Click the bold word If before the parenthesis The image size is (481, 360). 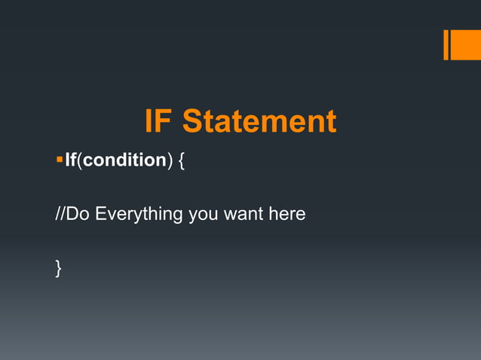pyautogui.click(x=71, y=161)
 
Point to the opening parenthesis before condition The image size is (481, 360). pyautogui.click(x=80, y=161)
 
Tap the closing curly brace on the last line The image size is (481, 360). pyautogui.click(x=59, y=267)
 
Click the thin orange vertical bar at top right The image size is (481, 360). pyautogui.click(x=446, y=44)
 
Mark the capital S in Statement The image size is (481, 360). pyautogui.click(x=192, y=122)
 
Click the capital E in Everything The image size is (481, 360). pyautogui.click(x=100, y=214)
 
